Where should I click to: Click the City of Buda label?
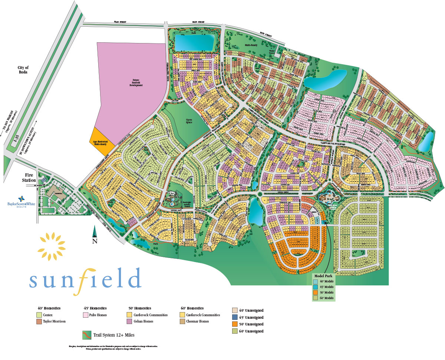point(23,70)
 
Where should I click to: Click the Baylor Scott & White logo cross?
point(21,198)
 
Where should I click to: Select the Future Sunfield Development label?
point(136,82)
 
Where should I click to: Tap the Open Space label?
point(189,121)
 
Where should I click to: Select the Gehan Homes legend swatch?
point(130,321)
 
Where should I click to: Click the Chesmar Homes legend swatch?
point(182,321)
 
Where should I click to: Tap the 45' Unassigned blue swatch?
point(235,317)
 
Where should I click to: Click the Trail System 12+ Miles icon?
point(86,335)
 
